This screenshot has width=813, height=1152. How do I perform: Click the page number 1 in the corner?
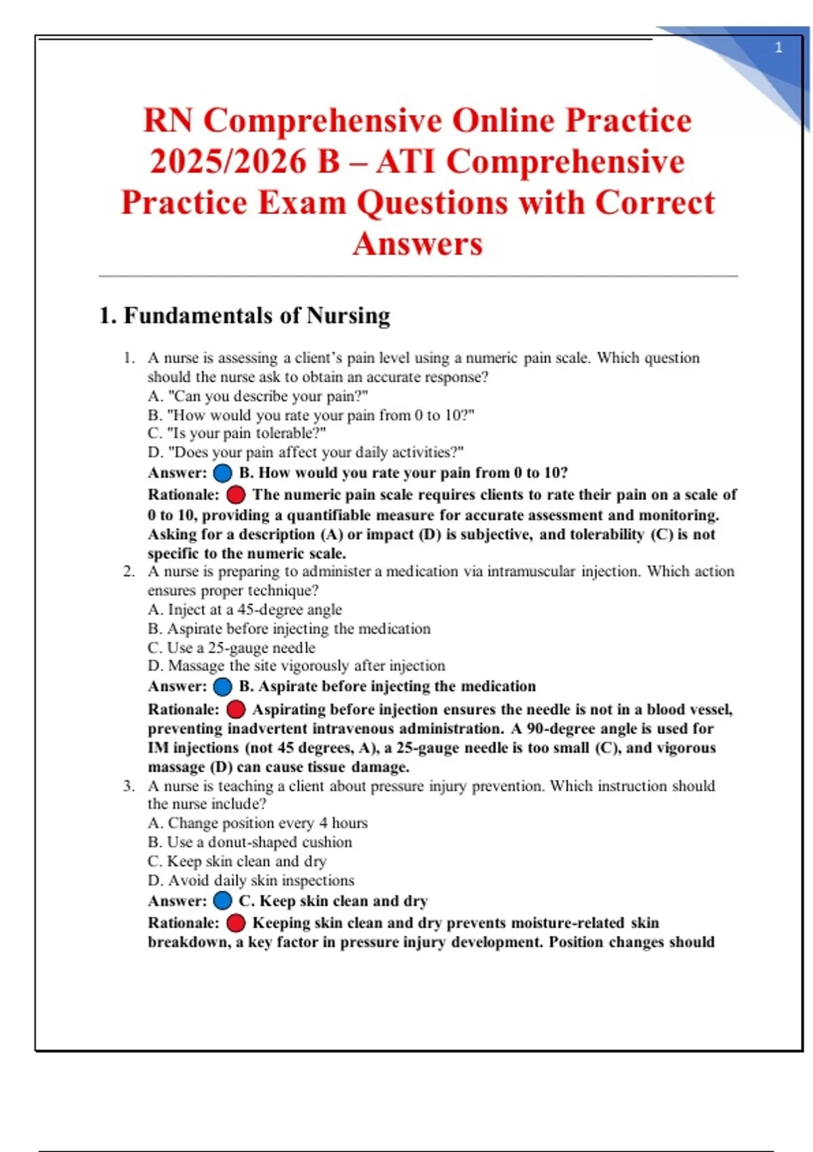(x=778, y=47)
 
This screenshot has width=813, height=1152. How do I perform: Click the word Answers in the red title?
(x=417, y=244)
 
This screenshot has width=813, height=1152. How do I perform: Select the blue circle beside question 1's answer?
(x=222, y=473)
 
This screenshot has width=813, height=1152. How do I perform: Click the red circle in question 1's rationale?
(x=236, y=495)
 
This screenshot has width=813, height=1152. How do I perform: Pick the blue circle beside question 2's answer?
(x=222, y=686)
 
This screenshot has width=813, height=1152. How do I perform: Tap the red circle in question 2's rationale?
(x=236, y=709)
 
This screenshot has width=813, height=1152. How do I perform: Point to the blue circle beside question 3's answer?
(x=222, y=901)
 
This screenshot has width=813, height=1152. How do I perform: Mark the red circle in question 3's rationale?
(x=236, y=923)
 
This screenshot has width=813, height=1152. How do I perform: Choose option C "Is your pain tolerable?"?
(x=237, y=433)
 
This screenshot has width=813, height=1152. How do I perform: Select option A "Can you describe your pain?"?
(x=257, y=396)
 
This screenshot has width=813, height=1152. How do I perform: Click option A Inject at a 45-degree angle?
(x=245, y=610)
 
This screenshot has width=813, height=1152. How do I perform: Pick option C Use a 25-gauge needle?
(x=232, y=648)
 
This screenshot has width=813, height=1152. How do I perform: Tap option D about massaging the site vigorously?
(x=297, y=666)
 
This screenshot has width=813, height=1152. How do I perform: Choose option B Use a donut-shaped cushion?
(x=250, y=842)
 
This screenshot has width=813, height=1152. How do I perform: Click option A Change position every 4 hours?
(x=257, y=823)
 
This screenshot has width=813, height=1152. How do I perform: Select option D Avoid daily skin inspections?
(x=251, y=880)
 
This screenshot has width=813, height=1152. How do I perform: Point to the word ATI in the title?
(x=406, y=162)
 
